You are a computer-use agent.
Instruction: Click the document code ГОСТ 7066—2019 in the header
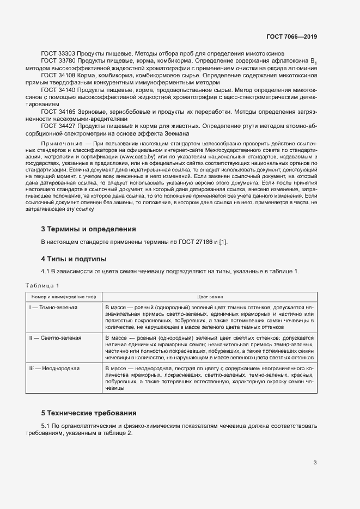292,36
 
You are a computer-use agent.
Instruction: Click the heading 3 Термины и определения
89,229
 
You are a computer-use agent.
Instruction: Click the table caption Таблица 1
42,286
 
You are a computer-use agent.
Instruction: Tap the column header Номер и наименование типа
63,296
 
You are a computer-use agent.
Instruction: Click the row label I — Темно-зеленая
53,308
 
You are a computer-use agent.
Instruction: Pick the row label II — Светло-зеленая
55,338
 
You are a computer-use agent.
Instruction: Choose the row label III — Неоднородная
54,369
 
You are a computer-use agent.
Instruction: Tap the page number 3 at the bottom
315,463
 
